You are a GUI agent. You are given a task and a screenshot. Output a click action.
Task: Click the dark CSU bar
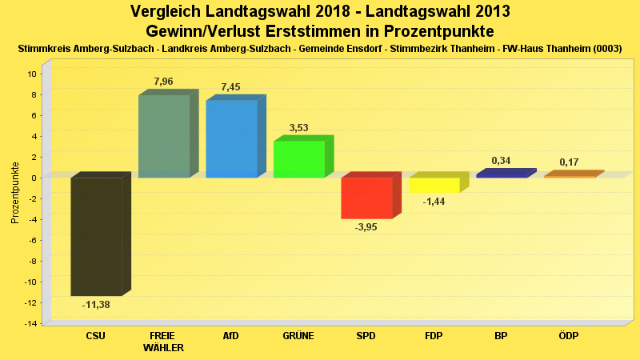coord(96,236)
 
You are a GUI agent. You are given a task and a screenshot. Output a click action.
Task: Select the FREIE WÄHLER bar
coord(164,136)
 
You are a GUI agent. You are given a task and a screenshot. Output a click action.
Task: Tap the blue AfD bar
coord(231,138)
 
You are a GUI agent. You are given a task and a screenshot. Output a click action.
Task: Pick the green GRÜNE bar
coord(298,159)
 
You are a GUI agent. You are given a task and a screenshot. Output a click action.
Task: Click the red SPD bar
coord(366,198)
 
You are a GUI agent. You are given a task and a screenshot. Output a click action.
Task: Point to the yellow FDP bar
coord(434,185)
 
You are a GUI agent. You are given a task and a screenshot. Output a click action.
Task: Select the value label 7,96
coord(163,82)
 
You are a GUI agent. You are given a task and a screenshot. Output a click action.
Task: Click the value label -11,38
coord(96,305)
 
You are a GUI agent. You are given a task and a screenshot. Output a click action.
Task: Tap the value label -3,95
coord(366,227)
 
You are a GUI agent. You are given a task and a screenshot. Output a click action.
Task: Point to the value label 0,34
coord(502,161)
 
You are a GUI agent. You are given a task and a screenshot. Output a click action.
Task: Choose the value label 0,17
coord(569,162)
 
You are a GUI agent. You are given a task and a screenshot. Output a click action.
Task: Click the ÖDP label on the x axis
coord(569,335)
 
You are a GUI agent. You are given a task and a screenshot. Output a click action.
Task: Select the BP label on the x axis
coord(502,335)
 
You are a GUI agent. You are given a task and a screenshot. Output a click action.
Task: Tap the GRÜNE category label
coord(298,335)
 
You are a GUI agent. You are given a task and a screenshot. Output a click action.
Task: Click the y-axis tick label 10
coord(32,74)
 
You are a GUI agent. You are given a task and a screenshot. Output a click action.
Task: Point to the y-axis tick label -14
coord(30,323)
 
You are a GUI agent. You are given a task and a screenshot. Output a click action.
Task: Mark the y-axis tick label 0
coord(34,178)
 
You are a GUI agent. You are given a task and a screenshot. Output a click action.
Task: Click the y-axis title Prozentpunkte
coord(15,193)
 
